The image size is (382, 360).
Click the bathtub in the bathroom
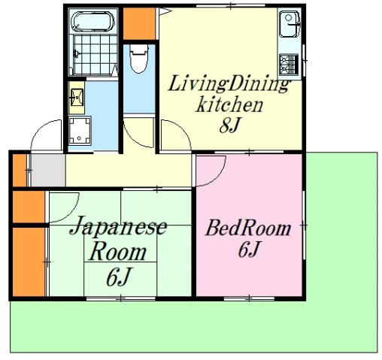click(x=94, y=22)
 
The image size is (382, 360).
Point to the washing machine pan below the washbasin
click(x=78, y=131)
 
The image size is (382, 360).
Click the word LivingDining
click(x=228, y=83)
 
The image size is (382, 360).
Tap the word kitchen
click(x=229, y=104)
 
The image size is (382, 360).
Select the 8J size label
click(x=229, y=126)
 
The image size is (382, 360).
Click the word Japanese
click(x=118, y=228)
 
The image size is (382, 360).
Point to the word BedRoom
click(x=248, y=228)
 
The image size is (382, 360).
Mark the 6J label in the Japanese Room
click(x=119, y=277)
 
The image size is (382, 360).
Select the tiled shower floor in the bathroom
click(x=93, y=52)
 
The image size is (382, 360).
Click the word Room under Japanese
click(x=114, y=253)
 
